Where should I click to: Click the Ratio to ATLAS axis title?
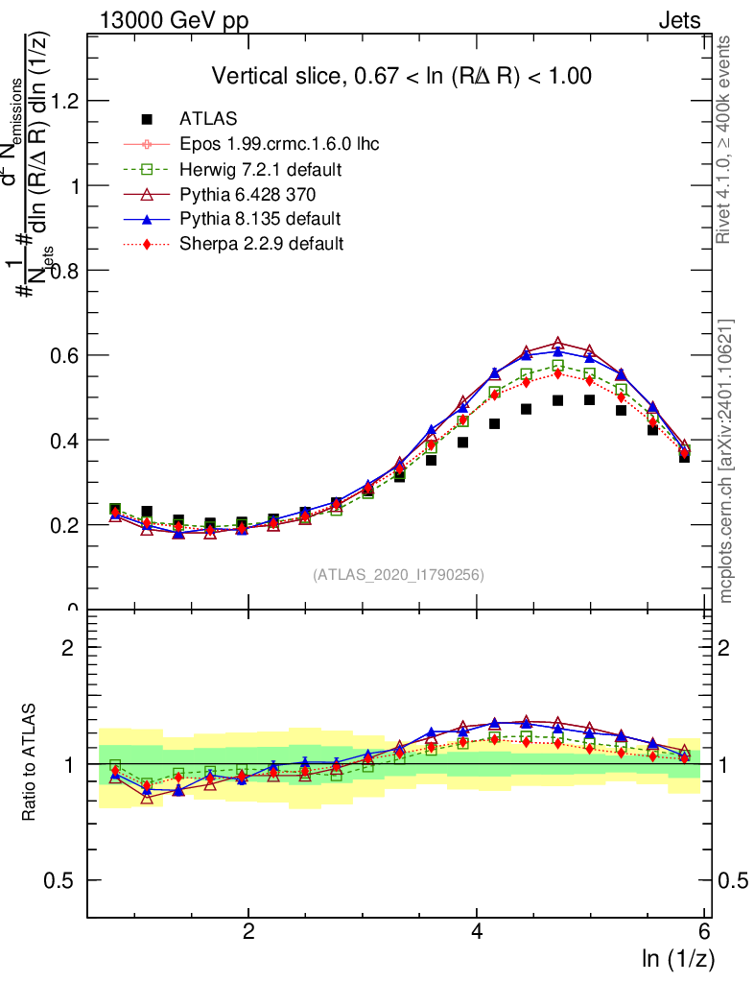(x=30, y=762)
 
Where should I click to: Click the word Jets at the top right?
(x=679, y=21)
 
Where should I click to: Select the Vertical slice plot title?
(x=401, y=76)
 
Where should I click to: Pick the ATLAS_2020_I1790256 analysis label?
(x=398, y=575)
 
